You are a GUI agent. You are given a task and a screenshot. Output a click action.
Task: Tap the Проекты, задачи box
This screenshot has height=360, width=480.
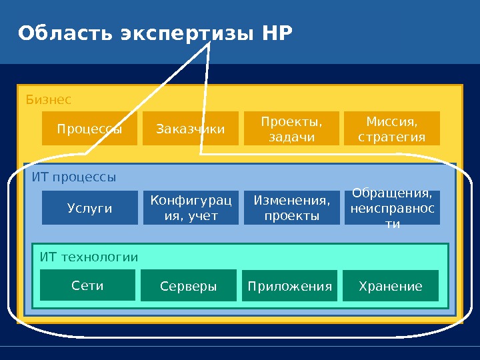(x=291, y=128)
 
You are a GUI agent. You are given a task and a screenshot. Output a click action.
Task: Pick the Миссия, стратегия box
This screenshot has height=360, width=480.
(x=392, y=128)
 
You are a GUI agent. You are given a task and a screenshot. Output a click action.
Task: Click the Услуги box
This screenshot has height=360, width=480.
(x=89, y=208)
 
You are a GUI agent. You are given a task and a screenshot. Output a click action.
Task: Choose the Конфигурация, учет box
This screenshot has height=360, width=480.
(x=191, y=208)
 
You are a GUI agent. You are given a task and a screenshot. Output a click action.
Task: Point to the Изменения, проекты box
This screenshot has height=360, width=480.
(x=291, y=208)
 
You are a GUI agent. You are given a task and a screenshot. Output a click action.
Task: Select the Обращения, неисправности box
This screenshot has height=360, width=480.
(x=393, y=208)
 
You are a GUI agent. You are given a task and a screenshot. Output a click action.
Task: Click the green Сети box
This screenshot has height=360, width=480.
(x=87, y=285)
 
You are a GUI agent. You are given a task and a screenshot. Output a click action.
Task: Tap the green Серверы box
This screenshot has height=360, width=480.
(x=189, y=286)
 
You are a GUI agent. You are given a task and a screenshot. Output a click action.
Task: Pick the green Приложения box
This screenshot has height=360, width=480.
(x=289, y=286)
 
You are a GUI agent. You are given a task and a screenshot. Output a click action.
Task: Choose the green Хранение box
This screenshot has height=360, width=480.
(x=391, y=286)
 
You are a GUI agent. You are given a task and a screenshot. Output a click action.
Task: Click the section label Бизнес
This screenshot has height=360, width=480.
(x=48, y=100)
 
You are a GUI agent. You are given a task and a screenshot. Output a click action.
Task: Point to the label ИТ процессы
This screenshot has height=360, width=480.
(x=74, y=177)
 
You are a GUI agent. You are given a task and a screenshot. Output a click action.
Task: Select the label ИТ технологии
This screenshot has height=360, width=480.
(x=89, y=257)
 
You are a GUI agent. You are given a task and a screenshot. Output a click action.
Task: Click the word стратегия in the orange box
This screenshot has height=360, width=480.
(x=392, y=137)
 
